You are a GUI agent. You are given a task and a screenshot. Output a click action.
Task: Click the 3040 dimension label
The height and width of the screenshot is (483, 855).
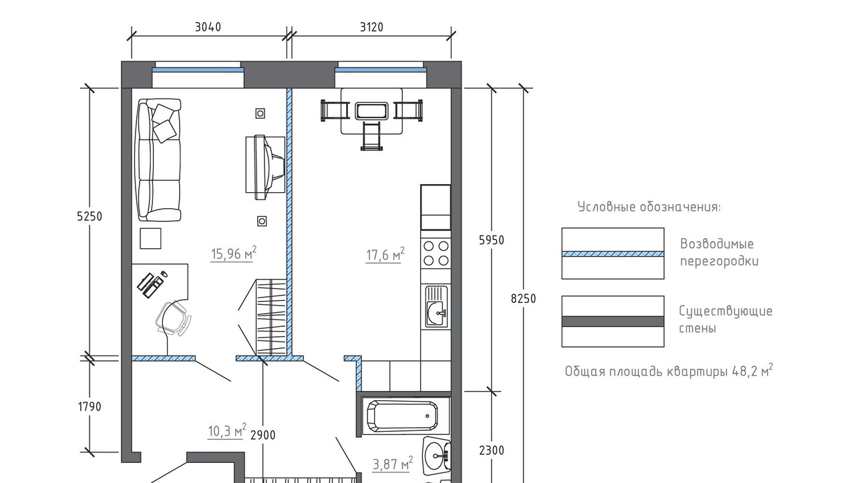click(x=208, y=27)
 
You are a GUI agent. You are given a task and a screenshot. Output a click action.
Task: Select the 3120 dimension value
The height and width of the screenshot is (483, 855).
click(x=371, y=27)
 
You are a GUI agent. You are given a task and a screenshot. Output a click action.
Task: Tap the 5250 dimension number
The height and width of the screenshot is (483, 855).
click(x=90, y=217)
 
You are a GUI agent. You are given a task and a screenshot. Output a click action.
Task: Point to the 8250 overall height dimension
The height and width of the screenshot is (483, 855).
click(x=523, y=298)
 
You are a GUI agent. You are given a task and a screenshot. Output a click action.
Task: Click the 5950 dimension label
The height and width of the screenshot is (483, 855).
click(x=492, y=240)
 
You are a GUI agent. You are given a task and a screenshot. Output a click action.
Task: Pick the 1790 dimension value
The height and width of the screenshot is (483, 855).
click(x=90, y=407)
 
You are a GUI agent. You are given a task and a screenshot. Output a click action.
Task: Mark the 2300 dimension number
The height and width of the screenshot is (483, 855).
click(x=492, y=450)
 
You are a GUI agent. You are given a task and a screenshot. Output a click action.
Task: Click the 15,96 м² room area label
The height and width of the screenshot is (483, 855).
click(x=234, y=253)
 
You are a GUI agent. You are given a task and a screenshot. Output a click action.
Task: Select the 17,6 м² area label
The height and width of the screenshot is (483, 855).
click(x=385, y=254)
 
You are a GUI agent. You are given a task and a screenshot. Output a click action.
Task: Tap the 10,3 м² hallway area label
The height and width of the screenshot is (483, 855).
click(x=227, y=430)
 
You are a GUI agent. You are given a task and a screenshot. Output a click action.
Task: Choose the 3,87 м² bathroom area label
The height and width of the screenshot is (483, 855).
click(x=392, y=463)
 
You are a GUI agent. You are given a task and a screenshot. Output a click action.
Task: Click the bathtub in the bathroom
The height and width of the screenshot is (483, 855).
click(x=402, y=416)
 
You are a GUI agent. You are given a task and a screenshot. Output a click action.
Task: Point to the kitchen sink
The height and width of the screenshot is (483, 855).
click(x=436, y=306)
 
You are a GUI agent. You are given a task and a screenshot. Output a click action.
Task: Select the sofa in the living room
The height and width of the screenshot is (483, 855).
click(x=159, y=160)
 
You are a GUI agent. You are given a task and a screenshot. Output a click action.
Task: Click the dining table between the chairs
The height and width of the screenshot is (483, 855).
click(x=371, y=111)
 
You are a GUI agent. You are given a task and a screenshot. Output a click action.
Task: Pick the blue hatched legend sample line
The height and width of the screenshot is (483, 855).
click(x=613, y=254)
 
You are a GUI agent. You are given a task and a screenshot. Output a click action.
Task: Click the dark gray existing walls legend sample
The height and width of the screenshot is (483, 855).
click(x=613, y=322)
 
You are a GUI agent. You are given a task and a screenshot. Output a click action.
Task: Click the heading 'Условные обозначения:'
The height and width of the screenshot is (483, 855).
click(x=649, y=207)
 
